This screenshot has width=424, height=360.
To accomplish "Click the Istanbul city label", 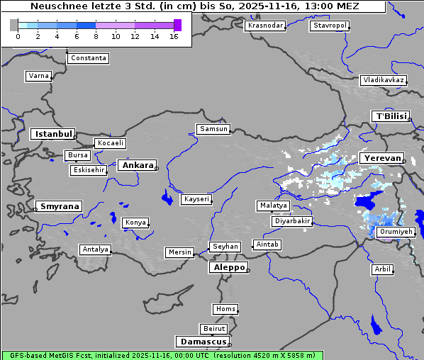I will (x=52, y=133).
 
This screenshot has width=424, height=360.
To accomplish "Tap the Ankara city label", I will (x=137, y=165).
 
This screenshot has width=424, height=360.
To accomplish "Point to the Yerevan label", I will (x=381, y=158).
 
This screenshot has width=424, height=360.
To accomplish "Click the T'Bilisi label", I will (x=391, y=116).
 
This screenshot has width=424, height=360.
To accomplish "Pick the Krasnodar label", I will (x=265, y=26).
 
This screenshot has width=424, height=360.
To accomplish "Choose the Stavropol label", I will (x=330, y=26).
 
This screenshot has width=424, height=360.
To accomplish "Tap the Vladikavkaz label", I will (x=384, y=80).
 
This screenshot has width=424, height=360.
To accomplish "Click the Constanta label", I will (x=89, y=58).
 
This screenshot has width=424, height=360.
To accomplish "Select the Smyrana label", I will (x=60, y=206).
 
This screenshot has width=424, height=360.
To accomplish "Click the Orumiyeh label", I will (x=395, y=232).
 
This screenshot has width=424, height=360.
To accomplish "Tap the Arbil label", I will (x=382, y=269).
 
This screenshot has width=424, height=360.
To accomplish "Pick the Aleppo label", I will (x=228, y=267).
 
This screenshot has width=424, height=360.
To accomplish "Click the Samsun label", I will (x=213, y=129).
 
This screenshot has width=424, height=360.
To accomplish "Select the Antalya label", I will (x=96, y=249).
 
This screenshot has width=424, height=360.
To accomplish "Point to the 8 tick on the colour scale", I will (x=96, y=36).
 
